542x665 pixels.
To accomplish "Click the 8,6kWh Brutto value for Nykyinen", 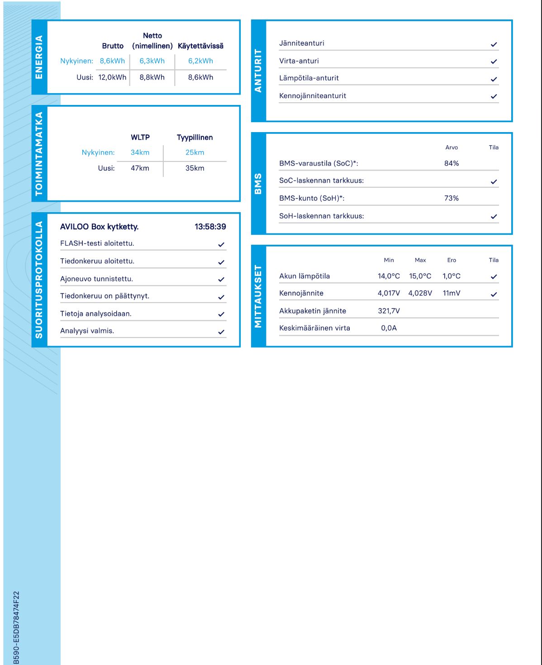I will [112, 61].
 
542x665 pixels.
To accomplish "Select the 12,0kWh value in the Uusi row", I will [112, 77].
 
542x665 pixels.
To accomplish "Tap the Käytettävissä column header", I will [200, 46].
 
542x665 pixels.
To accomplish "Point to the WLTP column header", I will [140, 138].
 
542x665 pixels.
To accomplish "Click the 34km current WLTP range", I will [140, 152].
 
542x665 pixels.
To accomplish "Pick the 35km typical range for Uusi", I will [195, 168].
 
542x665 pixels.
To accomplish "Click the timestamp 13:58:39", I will [210, 227].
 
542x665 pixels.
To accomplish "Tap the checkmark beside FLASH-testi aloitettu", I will [221, 244].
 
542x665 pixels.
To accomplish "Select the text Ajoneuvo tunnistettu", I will [96, 279].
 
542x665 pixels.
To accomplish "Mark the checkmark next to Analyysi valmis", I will [221, 332].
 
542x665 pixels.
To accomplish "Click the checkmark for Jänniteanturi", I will [494, 44].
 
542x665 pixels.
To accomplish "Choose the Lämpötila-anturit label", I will [309, 78].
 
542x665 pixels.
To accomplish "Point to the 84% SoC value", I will [452, 163].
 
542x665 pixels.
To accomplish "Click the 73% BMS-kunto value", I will [452, 198].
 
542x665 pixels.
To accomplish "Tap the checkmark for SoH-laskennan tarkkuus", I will [494, 217].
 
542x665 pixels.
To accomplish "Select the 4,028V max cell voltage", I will [420, 293].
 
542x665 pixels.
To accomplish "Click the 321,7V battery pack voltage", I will [389, 311].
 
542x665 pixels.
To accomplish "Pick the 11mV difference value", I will [452, 293].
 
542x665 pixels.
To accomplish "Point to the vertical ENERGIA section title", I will [39, 57].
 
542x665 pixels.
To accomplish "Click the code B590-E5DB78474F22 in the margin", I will [16, 627].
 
